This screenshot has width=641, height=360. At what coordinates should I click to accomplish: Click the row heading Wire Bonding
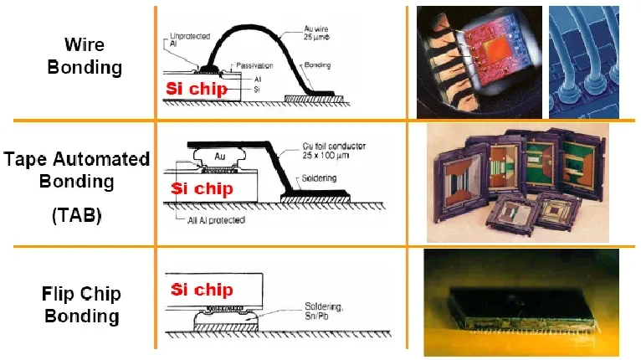point(85,56)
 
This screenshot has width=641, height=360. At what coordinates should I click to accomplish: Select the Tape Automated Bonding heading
point(77,170)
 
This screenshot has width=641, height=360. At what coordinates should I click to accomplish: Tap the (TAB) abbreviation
point(77,215)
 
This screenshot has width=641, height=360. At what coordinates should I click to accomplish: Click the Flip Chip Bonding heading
point(82,305)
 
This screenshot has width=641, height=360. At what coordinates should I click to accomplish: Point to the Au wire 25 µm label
point(316,33)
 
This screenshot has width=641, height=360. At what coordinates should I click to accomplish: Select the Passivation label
point(254,65)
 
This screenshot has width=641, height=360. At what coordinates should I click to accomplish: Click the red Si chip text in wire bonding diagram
point(197,89)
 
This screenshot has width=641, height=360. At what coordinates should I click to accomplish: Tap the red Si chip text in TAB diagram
point(202,188)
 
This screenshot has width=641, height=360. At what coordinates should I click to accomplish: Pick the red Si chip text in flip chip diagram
point(202,289)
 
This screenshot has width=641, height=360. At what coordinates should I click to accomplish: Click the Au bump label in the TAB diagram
point(219,157)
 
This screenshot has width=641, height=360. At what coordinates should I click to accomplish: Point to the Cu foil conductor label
point(334,151)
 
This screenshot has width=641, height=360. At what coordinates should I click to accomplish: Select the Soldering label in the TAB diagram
point(319,178)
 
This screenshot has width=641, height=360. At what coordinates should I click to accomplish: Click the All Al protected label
point(216,220)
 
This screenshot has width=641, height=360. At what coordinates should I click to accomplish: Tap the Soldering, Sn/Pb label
point(324,311)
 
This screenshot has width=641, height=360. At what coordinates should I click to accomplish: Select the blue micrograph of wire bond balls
point(584,62)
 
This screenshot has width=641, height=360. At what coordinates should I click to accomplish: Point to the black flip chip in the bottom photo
point(521,306)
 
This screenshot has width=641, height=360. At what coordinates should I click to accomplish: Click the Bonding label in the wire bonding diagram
point(317,65)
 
